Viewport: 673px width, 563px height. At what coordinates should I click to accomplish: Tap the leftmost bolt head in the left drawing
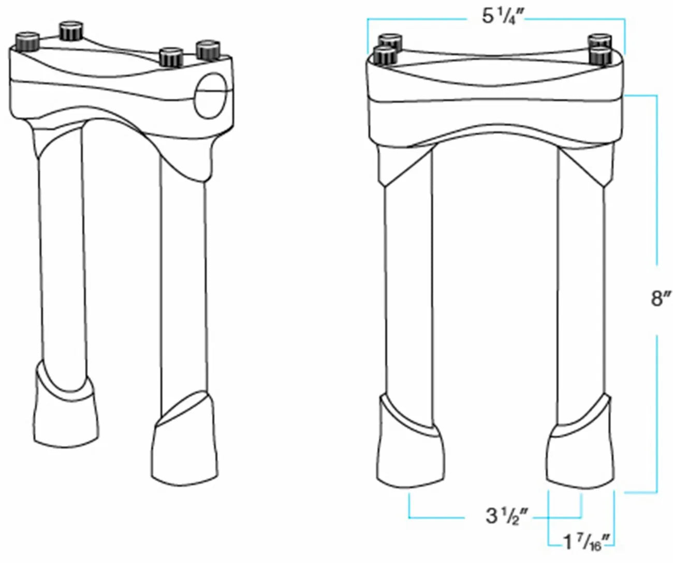click(x=27, y=41)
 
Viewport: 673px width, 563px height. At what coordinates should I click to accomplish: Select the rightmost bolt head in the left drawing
click(x=208, y=50)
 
